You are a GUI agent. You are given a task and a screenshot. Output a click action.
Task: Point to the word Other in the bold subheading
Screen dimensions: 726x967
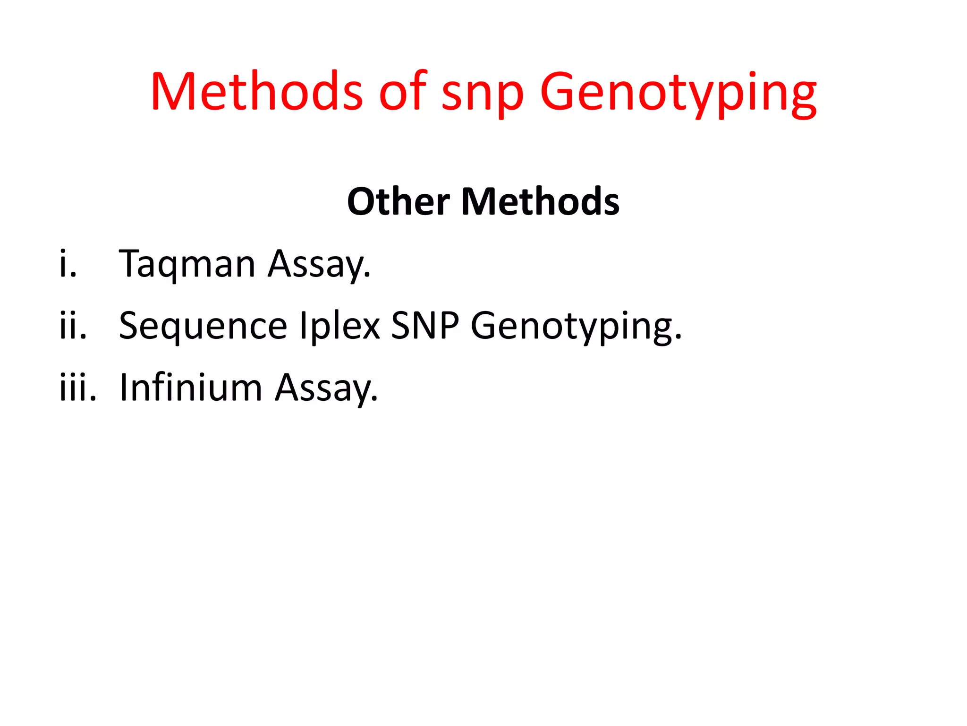399,202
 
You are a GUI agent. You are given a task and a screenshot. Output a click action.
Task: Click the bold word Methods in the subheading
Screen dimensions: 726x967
540,202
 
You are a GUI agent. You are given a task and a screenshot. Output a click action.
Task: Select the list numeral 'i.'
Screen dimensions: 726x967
68,264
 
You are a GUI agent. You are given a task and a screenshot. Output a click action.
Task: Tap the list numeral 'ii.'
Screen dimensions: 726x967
73,326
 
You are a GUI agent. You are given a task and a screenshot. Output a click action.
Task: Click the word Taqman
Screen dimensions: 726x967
187,265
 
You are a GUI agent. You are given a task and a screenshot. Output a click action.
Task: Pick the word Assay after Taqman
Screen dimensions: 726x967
319,265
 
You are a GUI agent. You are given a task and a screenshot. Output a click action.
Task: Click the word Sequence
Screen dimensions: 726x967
203,327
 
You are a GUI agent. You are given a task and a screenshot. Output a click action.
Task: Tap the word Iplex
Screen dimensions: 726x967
340,327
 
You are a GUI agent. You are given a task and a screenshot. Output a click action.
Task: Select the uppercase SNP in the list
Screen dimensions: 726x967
425,326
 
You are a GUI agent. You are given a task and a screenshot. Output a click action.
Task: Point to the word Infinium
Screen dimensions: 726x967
191,388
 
